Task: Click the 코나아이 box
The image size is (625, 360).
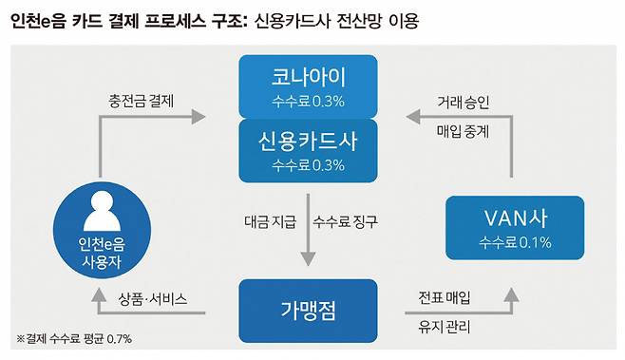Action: point(307,85)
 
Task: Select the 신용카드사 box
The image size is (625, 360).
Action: point(307,150)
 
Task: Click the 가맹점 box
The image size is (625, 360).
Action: point(307,311)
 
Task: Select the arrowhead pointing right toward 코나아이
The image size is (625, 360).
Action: point(196,117)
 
